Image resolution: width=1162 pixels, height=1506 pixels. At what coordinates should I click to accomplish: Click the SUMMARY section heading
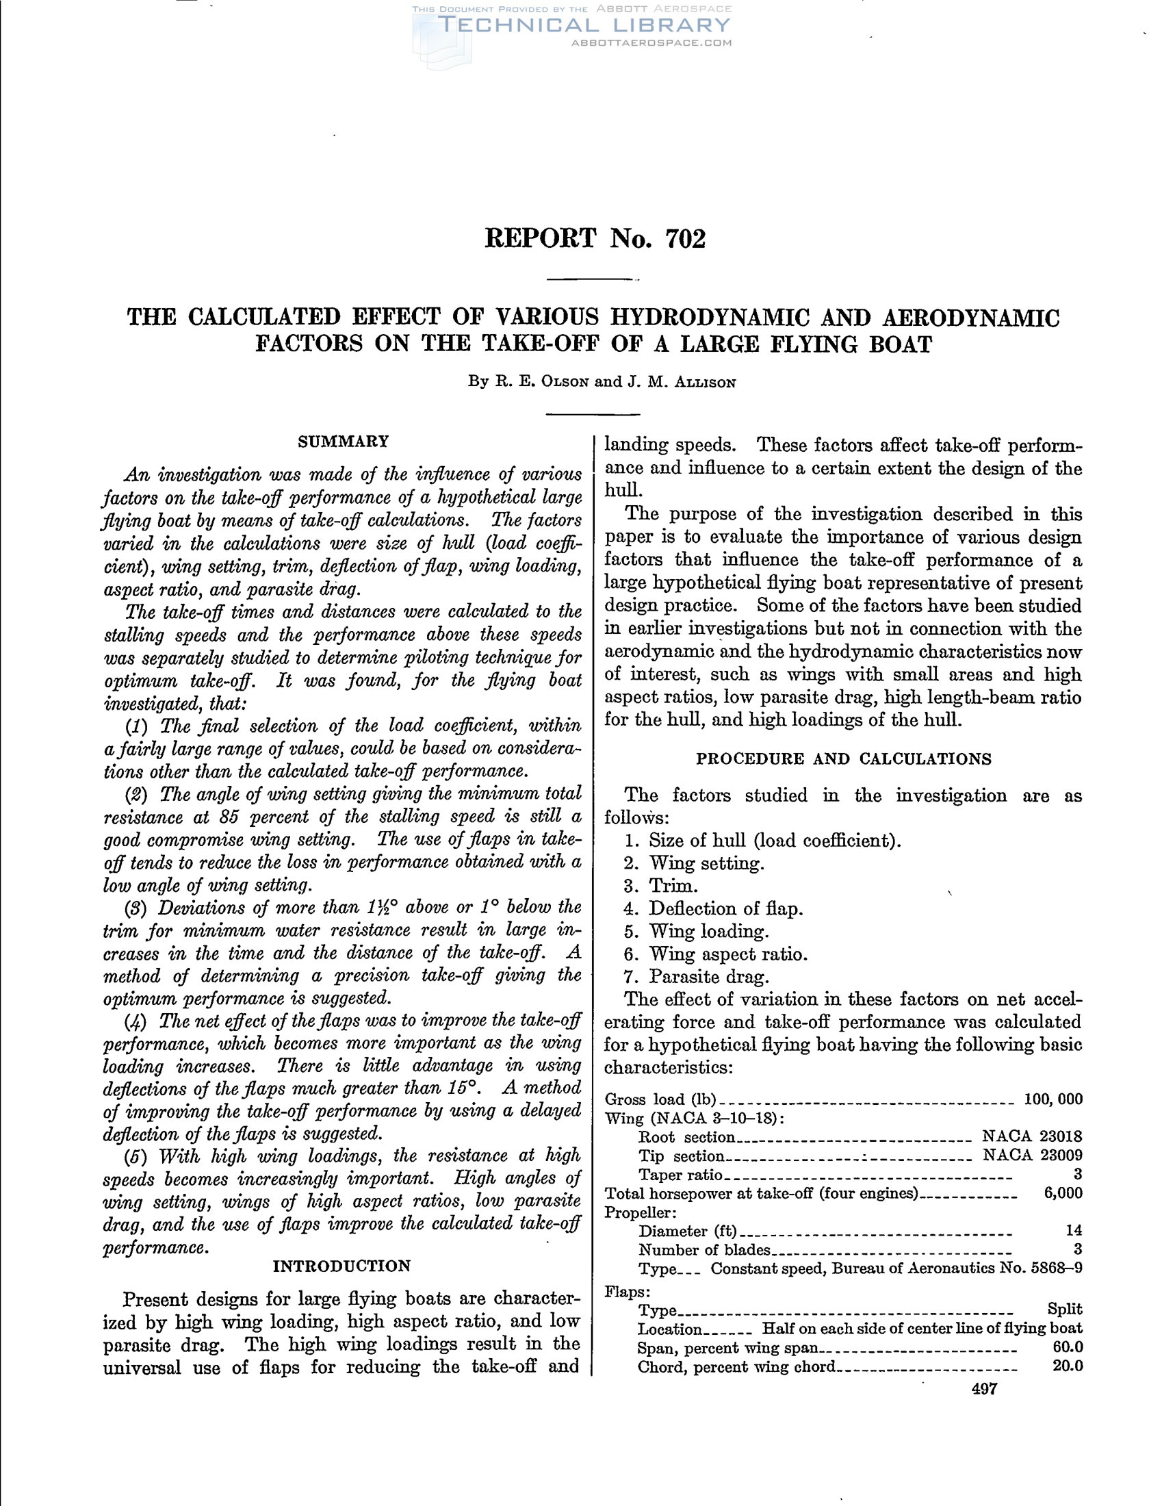pos(344,442)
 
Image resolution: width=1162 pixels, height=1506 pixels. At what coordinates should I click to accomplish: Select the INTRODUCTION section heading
pos(342,1266)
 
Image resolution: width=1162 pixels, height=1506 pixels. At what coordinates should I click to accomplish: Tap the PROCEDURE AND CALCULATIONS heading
pos(844,759)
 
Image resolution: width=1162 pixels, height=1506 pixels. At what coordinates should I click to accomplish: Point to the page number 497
pos(984,1389)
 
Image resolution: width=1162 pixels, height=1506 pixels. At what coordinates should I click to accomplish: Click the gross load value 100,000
pos(1053,1099)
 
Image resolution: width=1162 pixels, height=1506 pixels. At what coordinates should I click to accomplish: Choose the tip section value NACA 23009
pos(1032,1155)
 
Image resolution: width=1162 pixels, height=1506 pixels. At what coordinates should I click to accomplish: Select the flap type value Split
pos(1065,1309)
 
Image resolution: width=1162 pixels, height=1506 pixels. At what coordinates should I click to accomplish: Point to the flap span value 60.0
pos(1068,1347)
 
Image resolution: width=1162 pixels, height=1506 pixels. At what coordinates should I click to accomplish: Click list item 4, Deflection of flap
pos(725,909)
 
